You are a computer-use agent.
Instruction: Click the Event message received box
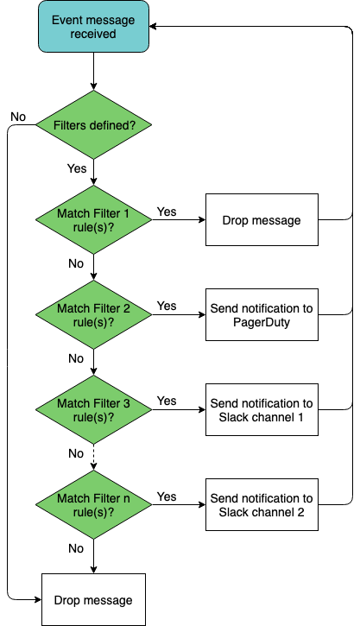(x=94, y=27)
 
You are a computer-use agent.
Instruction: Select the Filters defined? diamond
(x=94, y=125)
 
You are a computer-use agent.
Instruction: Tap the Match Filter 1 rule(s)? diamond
(x=94, y=219)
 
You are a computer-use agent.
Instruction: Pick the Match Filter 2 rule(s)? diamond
(x=94, y=314)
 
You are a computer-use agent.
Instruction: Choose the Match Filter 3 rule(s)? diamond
(x=94, y=409)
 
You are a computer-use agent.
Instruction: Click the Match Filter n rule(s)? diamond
(x=94, y=504)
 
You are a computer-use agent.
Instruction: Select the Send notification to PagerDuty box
(x=262, y=314)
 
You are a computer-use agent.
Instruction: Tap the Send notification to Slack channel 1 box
(x=262, y=409)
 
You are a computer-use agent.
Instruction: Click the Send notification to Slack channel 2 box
(x=262, y=504)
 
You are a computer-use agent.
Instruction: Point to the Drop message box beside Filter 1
(x=262, y=219)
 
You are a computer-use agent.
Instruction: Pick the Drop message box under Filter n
(x=94, y=599)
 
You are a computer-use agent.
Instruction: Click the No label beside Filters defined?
(x=18, y=117)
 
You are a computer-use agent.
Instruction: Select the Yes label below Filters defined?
(x=77, y=168)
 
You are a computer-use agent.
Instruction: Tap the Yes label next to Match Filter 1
(x=167, y=212)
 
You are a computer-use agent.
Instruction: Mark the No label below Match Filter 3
(x=76, y=453)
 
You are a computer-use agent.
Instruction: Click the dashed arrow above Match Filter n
(x=94, y=457)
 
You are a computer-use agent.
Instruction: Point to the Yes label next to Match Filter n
(x=167, y=496)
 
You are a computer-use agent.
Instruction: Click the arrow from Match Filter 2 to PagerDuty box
(x=179, y=314)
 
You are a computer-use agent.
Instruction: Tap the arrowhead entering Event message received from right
(x=153, y=27)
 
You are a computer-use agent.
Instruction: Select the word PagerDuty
(x=262, y=322)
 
